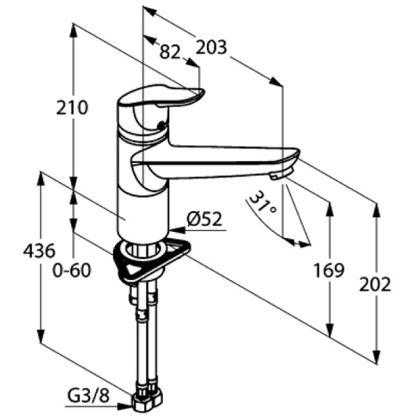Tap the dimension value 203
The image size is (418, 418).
click(x=211, y=47)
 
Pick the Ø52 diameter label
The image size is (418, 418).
click(x=203, y=220)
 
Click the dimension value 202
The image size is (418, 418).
click(x=376, y=284)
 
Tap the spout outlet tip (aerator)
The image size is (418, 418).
click(x=279, y=175)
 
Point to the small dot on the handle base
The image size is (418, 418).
click(x=163, y=126)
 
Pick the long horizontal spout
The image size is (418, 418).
click(x=223, y=156)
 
